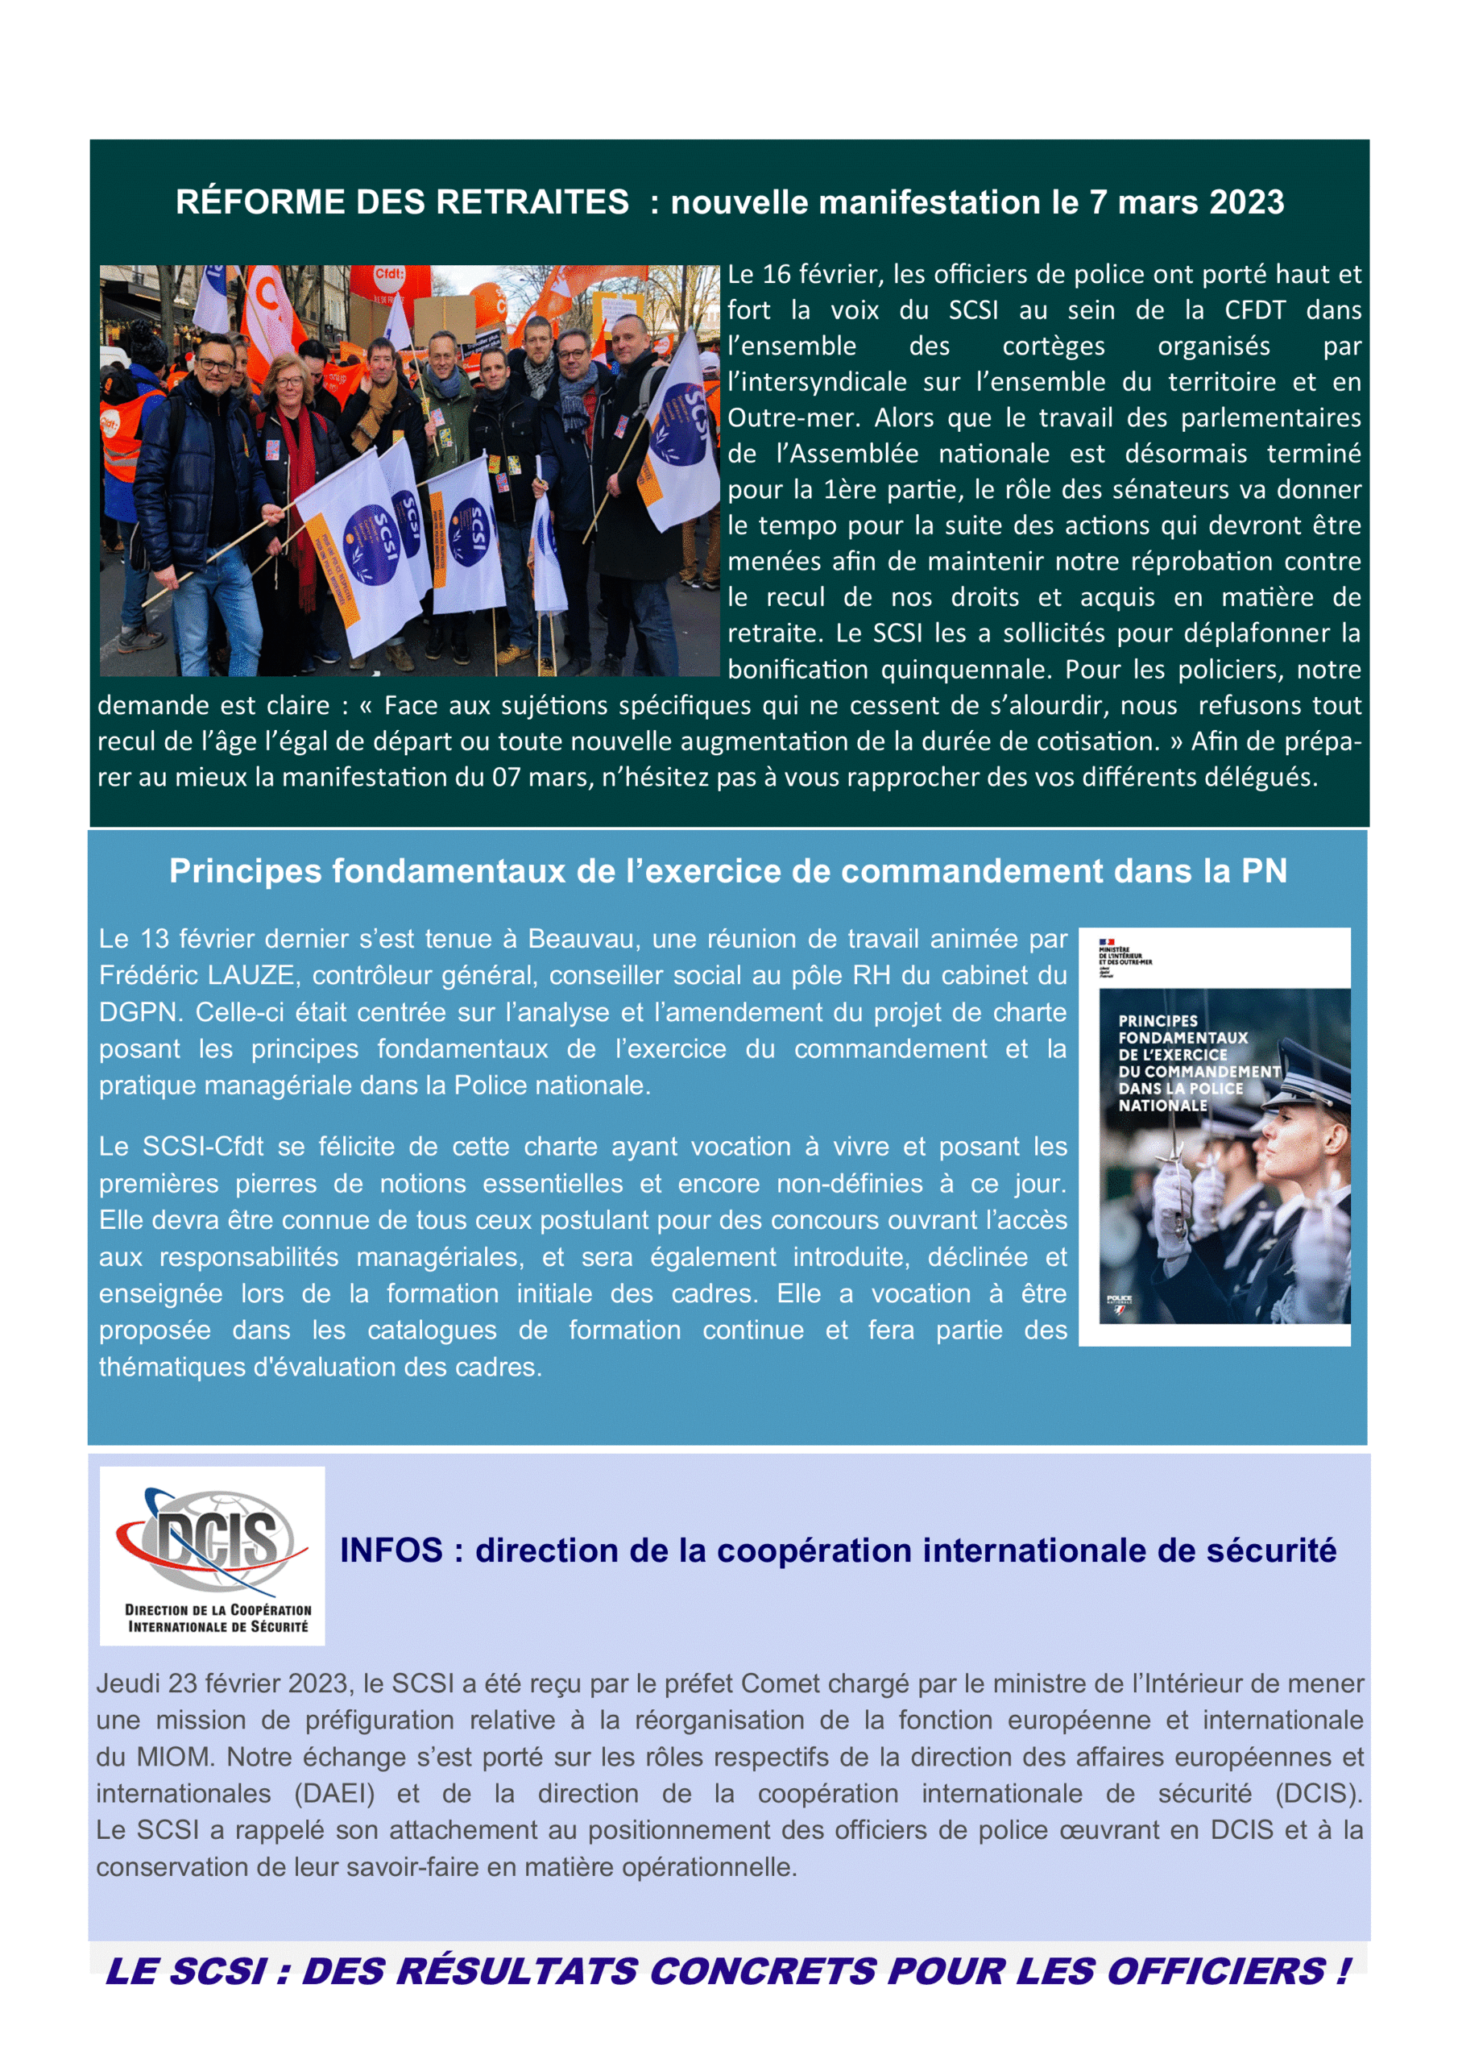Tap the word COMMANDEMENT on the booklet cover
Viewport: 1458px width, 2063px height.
coord(1199,1072)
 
